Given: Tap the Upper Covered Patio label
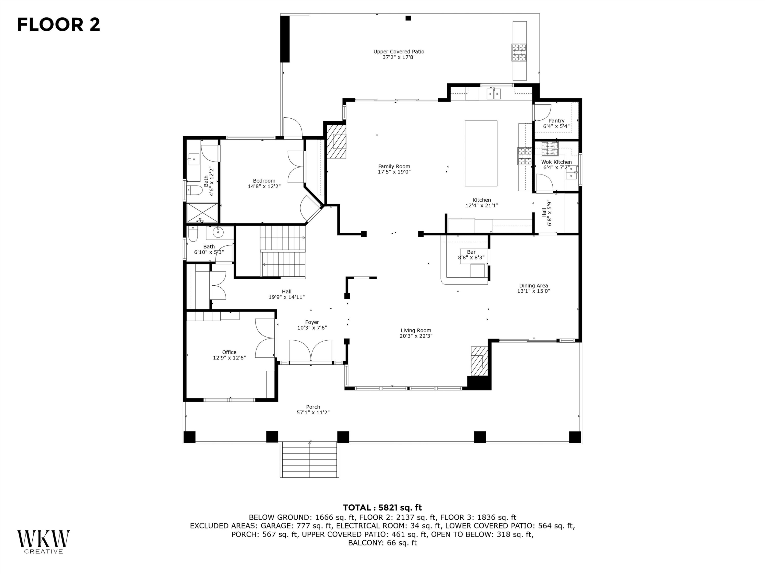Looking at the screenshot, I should pyautogui.click(x=399, y=52).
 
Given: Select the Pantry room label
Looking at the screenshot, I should pyautogui.click(x=556, y=121).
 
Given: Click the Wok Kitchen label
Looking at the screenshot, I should pyautogui.click(x=556, y=162).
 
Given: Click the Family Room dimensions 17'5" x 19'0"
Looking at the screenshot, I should pyautogui.click(x=394, y=172).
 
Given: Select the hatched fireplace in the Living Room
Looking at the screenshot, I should pyautogui.click(x=479, y=361).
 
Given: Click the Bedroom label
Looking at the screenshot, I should pyautogui.click(x=264, y=181).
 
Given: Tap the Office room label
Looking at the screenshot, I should pyautogui.click(x=229, y=352).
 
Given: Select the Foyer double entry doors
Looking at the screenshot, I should pyautogui.click(x=311, y=351).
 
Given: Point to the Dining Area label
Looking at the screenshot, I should pyautogui.click(x=533, y=285).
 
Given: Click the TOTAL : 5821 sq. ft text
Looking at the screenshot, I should pyautogui.click(x=382, y=508).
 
